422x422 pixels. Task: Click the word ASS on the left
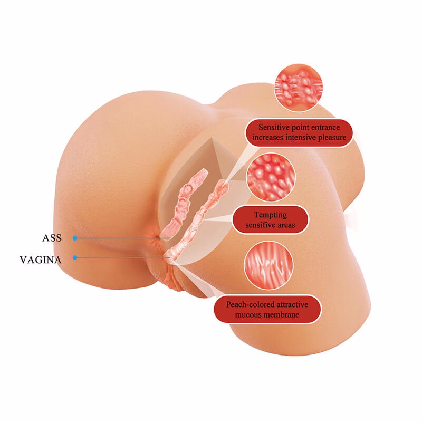52,238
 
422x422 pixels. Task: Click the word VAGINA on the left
41,260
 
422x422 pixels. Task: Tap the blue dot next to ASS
75,238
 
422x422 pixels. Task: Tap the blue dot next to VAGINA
75,258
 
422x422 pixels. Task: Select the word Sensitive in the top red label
274,127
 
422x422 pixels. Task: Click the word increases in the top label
267,138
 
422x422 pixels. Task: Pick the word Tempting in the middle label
270,215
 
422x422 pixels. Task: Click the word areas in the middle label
286,225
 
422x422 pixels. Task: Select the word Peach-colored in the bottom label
247,304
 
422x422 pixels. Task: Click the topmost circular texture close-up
299,88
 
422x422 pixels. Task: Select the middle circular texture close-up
271,177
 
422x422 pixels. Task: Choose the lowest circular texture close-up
268,265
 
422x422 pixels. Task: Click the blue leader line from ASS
122,238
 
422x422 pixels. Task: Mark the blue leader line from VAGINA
122,258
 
